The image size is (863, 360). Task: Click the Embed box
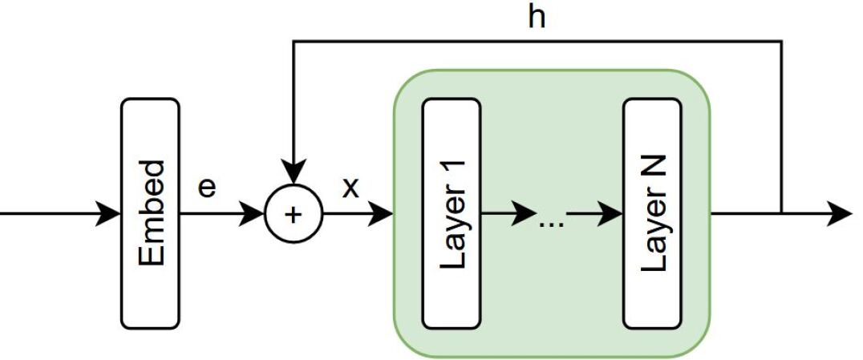[150, 213]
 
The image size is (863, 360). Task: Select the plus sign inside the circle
[294, 214]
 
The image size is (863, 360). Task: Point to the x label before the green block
[350, 189]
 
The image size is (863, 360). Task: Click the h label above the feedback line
[537, 17]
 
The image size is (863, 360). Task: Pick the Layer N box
[652, 213]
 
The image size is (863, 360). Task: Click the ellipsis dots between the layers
[552, 221]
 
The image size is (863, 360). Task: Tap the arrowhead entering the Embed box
[109, 214]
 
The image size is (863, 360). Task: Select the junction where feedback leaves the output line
[781, 214]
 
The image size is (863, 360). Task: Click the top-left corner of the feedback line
[294, 41]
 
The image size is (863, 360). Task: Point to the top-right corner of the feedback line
[781, 41]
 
